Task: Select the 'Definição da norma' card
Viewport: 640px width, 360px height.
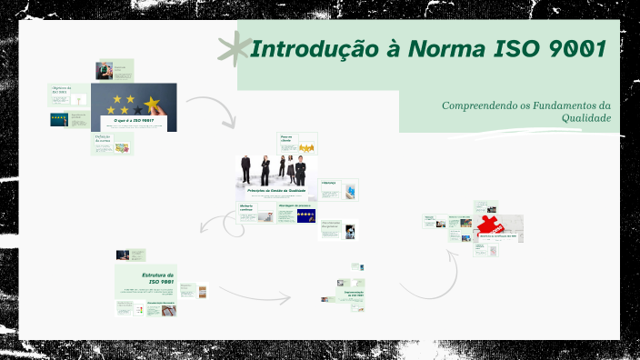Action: [112, 143]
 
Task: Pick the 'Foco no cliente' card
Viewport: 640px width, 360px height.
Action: [296, 142]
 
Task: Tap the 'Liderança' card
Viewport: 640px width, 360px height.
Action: [339, 189]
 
